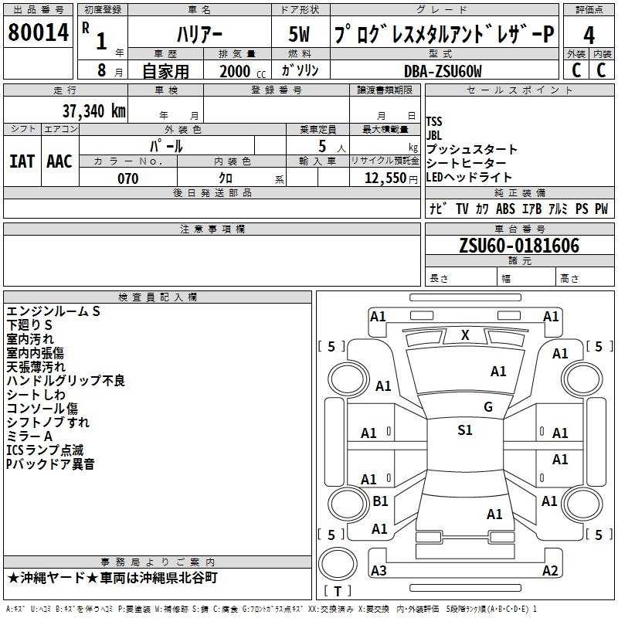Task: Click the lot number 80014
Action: (38, 32)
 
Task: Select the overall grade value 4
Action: (589, 36)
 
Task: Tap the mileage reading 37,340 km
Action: (94, 111)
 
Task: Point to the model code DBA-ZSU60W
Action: (443, 71)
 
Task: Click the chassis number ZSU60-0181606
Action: (519, 246)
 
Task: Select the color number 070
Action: (128, 178)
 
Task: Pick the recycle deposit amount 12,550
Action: (385, 178)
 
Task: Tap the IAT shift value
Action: (22, 161)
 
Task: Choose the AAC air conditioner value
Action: (59, 161)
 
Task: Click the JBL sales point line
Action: (434, 136)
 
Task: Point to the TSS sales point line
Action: (434, 121)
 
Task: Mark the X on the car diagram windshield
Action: (465, 335)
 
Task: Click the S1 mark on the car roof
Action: (465, 430)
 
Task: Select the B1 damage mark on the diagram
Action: (380, 501)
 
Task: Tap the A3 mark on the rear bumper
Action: (379, 570)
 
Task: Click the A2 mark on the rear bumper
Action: (550, 570)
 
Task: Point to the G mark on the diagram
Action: (488, 407)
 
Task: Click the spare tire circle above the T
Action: (338, 564)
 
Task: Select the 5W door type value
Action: (299, 34)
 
